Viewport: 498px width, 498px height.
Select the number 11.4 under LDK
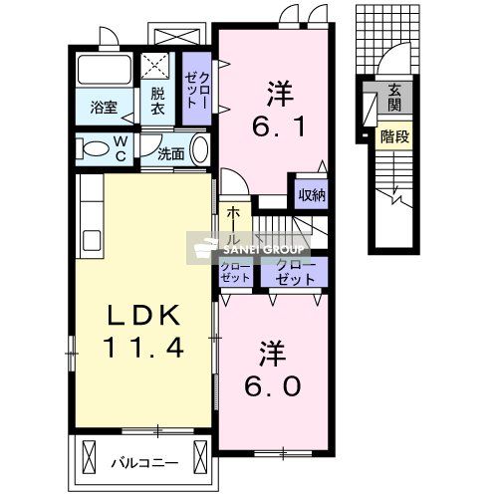point(144,349)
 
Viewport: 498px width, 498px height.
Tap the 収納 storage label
point(312,195)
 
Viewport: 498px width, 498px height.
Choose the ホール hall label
point(232,229)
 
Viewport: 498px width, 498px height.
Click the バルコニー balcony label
point(144,462)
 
